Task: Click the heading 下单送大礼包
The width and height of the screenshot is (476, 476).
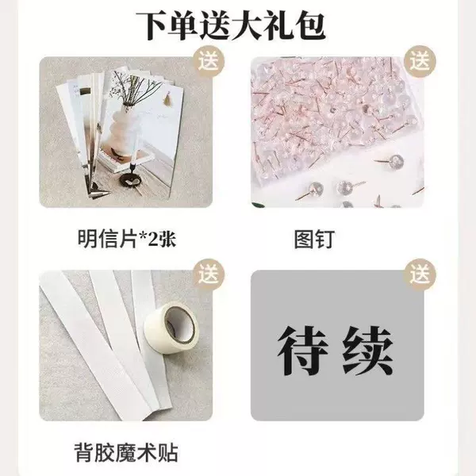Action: [231, 26]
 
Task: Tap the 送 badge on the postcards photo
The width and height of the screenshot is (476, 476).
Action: [209, 62]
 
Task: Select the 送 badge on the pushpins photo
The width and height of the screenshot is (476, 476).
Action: [420, 62]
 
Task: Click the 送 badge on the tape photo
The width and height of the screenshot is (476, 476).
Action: [209, 274]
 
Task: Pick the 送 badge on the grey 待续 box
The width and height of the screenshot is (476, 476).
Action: [420, 274]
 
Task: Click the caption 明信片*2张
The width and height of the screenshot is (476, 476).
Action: [127, 239]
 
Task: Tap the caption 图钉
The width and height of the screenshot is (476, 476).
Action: [314, 240]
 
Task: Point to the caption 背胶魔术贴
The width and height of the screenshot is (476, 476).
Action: [126, 453]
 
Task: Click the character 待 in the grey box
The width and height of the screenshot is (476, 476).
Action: [303, 351]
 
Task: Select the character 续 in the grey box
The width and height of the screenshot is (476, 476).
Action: [368, 351]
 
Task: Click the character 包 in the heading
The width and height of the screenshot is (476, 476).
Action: [309, 26]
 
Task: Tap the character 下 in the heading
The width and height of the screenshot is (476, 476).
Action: [152, 26]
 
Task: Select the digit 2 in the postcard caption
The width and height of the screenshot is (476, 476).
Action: [152, 240]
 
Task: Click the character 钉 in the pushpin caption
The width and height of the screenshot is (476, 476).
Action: [324, 240]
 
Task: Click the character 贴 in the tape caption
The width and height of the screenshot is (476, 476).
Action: [167, 453]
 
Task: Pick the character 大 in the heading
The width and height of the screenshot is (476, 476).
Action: [247, 26]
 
